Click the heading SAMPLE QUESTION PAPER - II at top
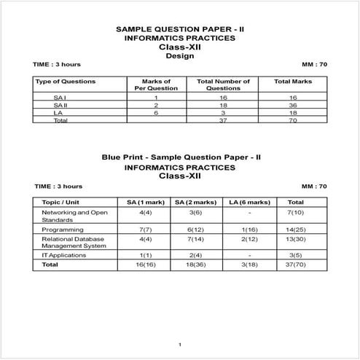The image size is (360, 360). (x=179, y=29)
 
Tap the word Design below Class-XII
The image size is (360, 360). (x=179, y=55)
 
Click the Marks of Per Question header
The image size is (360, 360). (x=156, y=85)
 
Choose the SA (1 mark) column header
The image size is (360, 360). (x=144, y=202)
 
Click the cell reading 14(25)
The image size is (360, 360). (x=296, y=230)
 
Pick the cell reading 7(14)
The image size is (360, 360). (x=195, y=238)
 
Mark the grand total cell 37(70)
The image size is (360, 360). (x=296, y=265)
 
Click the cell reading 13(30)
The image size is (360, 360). (x=296, y=238)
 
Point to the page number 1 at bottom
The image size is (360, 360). (x=179, y=343)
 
